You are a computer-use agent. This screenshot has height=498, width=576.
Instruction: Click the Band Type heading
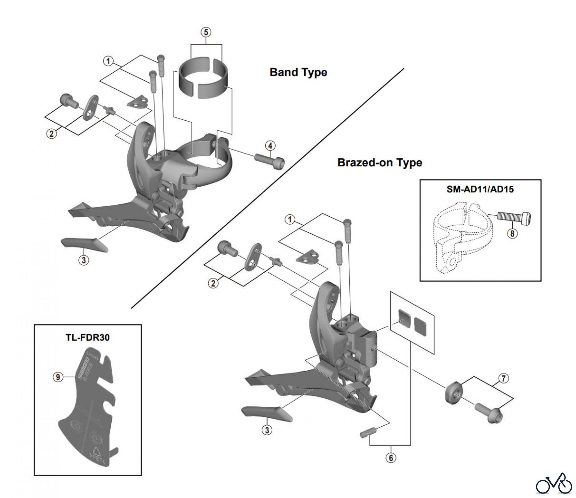pyautogui.click(x=298, y=72)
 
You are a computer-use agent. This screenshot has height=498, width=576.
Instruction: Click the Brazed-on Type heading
pyautogui.click(x=380, y=163)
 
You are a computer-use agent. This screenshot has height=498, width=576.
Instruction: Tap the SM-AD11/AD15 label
pyautogui.click(x=480, y=189)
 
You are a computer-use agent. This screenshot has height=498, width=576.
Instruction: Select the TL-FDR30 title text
pyautogui.click(x=88, y=337)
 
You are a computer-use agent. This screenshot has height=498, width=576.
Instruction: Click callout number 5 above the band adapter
pyautogui.click(x=206, y=32)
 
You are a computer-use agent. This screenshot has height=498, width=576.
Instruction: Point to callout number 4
pyautogui.click(x=270, y=146)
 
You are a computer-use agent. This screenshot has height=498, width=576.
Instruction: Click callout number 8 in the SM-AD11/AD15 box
pyautogui.click(x=512, y=234)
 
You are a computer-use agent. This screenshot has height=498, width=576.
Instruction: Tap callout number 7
pyautogui.click(x=503, y=379)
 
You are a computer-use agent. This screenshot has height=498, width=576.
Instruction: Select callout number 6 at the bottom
pyautogui.click(x=391, y=458)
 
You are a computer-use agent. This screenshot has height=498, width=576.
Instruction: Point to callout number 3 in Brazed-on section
pyautogui.click(x=267, y=430)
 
